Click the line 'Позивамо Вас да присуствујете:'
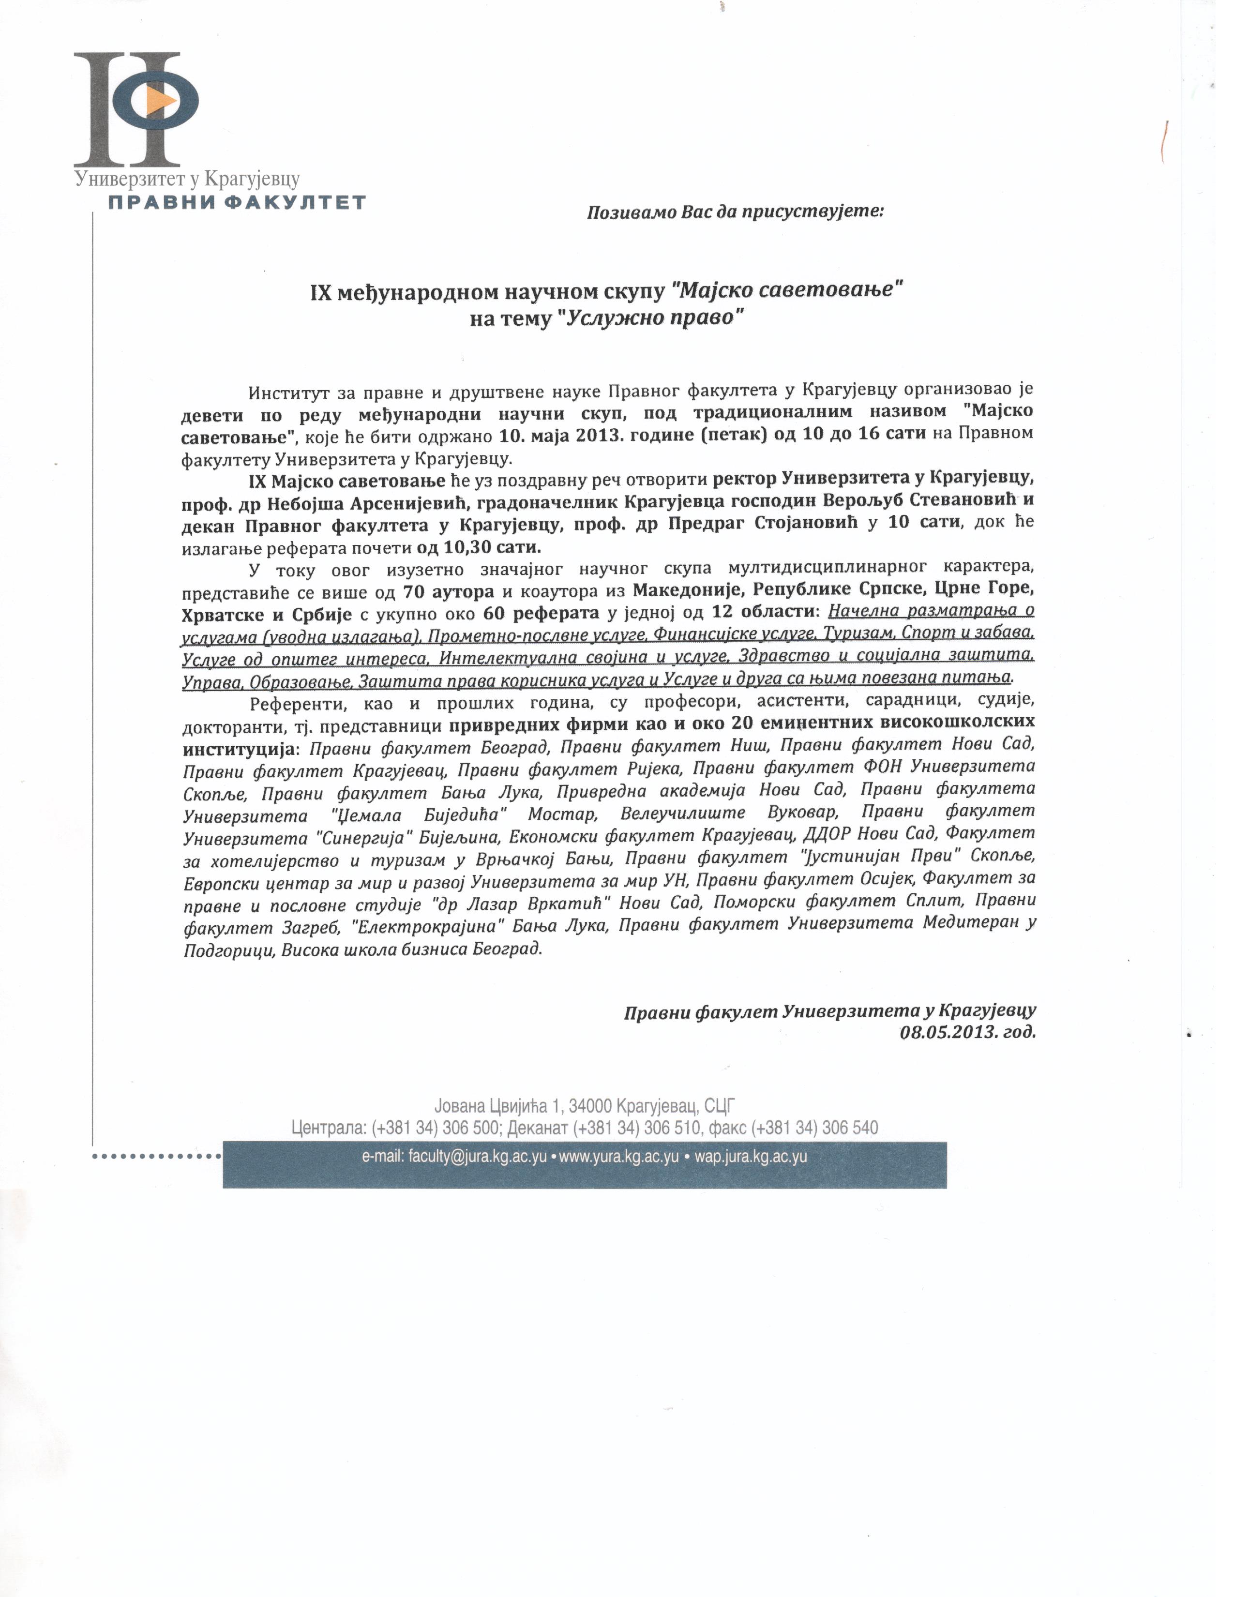click(x=736, y=213)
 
